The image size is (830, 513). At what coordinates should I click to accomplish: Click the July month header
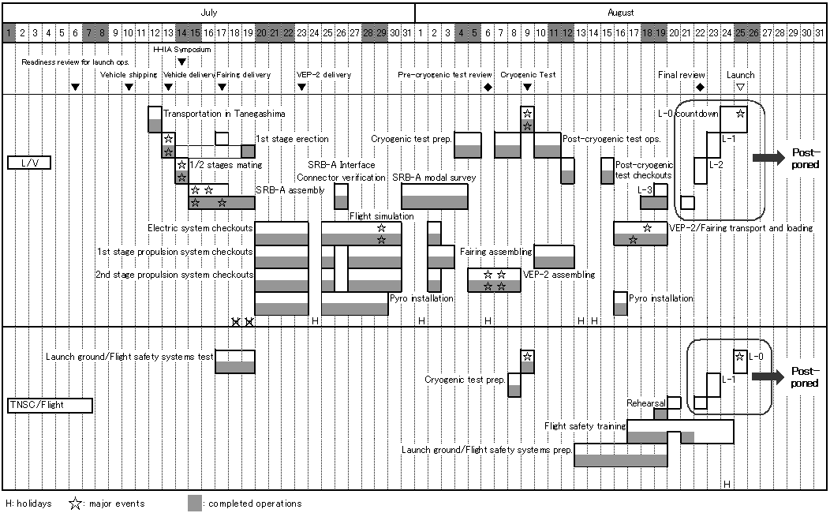[x=208, y=12]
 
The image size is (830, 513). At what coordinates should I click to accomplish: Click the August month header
[x=620, y=12]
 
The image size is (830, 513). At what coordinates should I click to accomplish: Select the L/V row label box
[x=29, y=163]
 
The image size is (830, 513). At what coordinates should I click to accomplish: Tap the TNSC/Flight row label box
[x=50, y=406]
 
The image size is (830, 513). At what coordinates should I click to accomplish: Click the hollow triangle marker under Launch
[x=741, y=88]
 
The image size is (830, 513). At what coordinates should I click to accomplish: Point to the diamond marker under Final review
[x=701, y=87]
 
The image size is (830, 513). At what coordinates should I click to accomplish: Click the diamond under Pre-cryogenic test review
[x=488, y=87]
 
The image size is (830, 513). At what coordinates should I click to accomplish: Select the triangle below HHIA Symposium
[x=181, y=62]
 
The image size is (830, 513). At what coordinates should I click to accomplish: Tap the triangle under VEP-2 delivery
[x=301, y=88]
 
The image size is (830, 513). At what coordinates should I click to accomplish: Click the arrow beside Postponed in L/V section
[x=768, y=157]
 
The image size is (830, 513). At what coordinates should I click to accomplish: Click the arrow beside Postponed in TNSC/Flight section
[x=768, y=376]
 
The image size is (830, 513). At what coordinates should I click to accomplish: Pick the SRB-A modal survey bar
[x=435, y=197]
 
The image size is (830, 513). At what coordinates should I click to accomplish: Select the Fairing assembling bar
[x=554, y=256]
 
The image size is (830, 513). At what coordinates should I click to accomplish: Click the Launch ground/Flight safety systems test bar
[x=235, y=361]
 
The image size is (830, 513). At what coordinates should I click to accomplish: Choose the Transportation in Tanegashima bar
[x=155, y=119]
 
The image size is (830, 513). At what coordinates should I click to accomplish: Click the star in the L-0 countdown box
[x=740, y=114]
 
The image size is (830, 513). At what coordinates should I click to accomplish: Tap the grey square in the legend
[x=195, y=504]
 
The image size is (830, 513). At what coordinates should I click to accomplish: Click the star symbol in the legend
[x=75, y=504]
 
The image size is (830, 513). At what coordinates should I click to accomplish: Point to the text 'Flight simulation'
[x=382, y=216]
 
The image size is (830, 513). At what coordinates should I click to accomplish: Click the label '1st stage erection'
[x=292, y=139]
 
